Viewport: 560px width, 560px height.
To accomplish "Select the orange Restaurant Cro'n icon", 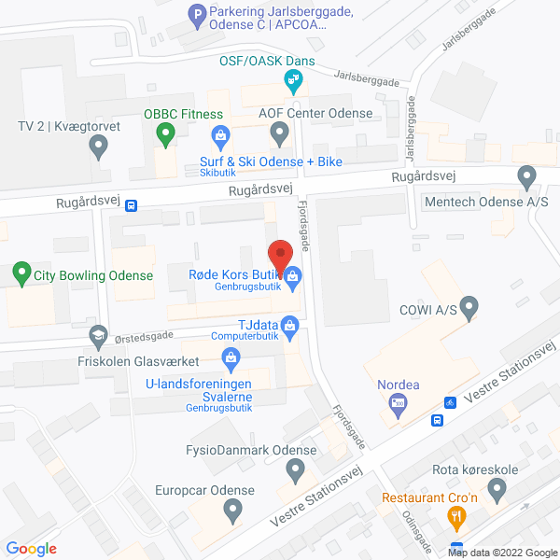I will [456, 515].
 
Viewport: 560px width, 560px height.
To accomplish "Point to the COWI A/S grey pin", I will [469, 306].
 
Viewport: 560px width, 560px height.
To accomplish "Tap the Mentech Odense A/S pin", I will [526, 175].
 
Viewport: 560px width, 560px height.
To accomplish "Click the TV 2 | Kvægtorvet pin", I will [98, 145].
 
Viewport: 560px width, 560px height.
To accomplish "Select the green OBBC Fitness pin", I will [165, 135].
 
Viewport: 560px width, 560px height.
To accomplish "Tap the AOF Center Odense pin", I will [278, 134].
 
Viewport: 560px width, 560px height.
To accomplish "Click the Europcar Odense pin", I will [232, 510].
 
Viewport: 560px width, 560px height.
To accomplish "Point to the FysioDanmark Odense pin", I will [296, 471].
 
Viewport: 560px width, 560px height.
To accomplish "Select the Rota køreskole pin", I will [497, 489].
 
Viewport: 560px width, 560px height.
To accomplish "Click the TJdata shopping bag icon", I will [289, 325].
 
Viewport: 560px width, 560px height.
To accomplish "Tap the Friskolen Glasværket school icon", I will [96, 335].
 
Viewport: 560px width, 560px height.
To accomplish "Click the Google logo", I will [32, 548].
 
